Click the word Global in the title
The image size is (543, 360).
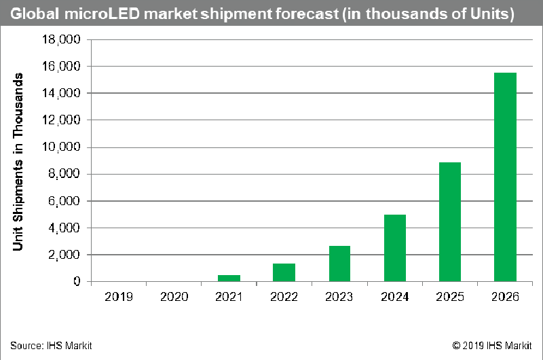click(31, 14)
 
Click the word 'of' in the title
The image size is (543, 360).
click(443, 14)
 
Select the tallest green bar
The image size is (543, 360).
click(505, 177)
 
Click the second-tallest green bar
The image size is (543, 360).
click(450, 221)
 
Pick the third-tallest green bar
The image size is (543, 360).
click(395, 248)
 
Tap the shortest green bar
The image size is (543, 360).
click(229, 278)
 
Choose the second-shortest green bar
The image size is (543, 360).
click(284, 272)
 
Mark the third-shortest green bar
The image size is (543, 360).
click(339, 264)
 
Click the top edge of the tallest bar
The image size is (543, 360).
click(505, 73)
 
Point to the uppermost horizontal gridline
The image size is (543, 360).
click(305, 39)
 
